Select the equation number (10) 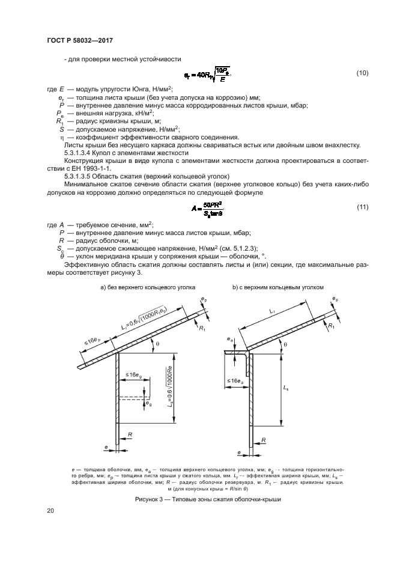[x=362, y=73]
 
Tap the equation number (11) [x=362, y=207]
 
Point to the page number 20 [x=50, y=511]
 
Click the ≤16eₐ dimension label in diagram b [x=235, y=381]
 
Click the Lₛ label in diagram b [x=285, y=389]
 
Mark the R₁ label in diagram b [x=332, y=325]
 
